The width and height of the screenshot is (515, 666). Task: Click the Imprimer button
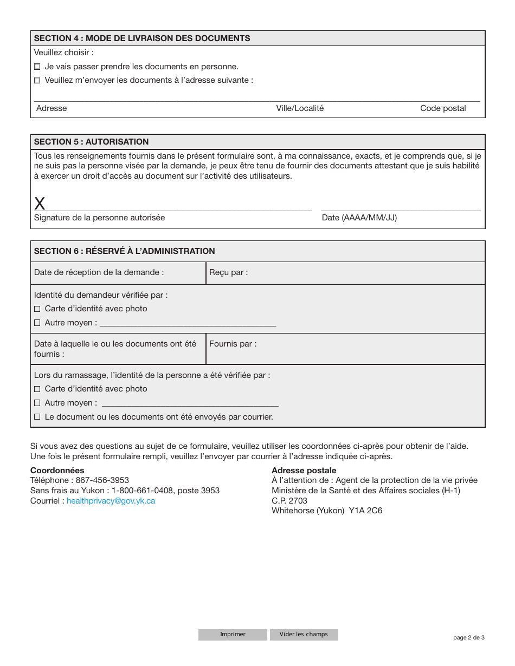point(233,635)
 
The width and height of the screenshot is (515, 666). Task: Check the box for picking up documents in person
point(37,67)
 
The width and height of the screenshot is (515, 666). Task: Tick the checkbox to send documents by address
point(37,81)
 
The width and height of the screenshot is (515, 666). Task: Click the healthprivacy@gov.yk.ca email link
point(111,501)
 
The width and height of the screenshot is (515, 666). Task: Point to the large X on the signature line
point(40,204)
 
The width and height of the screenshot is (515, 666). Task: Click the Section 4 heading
point(142,38)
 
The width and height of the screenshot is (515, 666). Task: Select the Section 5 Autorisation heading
point(91,142)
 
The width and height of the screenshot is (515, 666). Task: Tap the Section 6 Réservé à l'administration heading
point(124,251)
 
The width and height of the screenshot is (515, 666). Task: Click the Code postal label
point(443,108)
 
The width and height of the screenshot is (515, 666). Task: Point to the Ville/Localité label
point(300,108)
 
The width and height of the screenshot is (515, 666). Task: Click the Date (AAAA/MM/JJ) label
point(359,218)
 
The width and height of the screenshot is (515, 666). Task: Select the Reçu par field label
point(228,272)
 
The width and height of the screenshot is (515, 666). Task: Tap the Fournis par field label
point(233,344)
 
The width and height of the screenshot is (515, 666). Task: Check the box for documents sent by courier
point(37,417)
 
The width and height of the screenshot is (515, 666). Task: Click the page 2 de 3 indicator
point(468,637)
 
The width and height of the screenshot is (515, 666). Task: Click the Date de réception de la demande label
point(99,272)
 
